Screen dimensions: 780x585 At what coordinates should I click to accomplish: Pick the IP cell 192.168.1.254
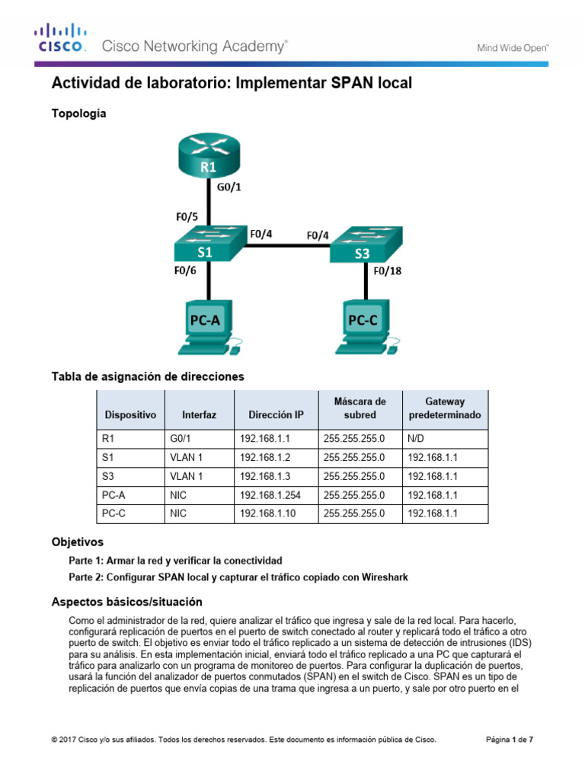[270, 495]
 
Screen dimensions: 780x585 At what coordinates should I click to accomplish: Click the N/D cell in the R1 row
[416, 438]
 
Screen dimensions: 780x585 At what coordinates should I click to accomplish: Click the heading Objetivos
[77, 543]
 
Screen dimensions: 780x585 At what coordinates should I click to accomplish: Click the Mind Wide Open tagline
[513, 47]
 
